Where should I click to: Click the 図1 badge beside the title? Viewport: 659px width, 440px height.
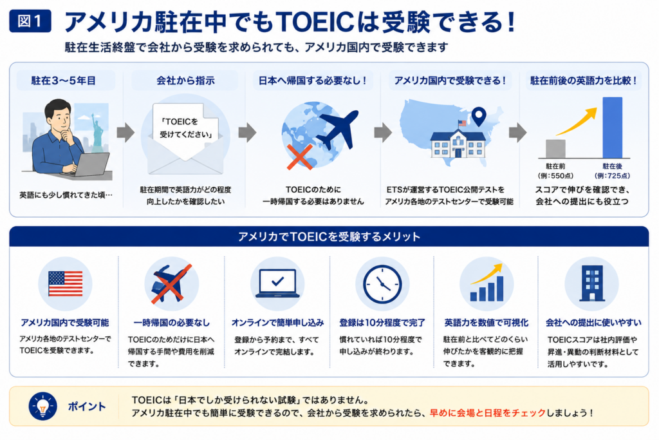(30, 21)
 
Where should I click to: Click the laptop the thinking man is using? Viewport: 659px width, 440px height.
(89, 165)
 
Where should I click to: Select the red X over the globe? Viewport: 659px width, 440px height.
(300, 157)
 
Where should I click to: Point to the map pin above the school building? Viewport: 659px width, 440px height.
(479, 117)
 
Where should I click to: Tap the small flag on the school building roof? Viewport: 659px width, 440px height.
(462, 123)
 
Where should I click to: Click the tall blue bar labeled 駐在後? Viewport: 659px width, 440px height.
(613, 128)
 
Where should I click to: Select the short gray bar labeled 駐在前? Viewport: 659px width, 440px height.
(555, 148)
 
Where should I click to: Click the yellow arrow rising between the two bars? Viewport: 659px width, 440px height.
(577, 122)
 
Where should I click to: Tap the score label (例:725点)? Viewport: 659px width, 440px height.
(613, 176)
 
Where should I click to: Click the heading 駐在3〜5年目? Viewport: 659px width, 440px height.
(64, 81)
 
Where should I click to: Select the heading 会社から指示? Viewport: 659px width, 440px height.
(185, 81)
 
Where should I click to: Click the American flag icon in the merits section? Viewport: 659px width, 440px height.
(65, 284)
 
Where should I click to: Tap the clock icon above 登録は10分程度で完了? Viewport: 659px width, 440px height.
(382, 284)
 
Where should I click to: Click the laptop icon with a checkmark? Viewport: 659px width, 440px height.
(277, 283)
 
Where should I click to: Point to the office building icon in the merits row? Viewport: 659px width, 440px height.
(592, 283)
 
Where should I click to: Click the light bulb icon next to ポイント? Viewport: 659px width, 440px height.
(42, 407)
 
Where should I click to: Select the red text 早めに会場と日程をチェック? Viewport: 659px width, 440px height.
(488, 413)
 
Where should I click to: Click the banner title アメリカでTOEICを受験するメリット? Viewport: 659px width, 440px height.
(329, 237)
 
